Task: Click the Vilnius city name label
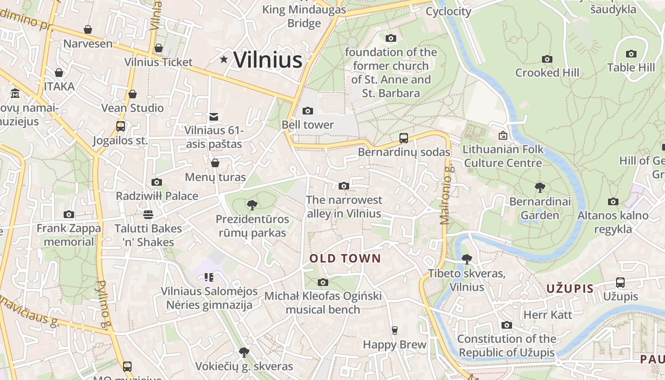tap(268, 60)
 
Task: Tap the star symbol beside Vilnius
tap(224, 59)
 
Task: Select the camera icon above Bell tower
tap(308, 111)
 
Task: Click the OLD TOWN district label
tap(345, 258)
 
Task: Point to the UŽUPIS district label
tap(570, 289)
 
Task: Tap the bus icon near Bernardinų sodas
tap(404, 138)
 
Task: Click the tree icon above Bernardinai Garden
tap(540, 188)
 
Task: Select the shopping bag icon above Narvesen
tap(88, 30)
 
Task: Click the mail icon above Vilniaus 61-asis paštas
tap(214, 116)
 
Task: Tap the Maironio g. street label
tap(445, 195)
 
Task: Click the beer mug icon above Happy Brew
tap(394, 330)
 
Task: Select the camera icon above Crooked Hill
tap(547, 59)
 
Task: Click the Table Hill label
tap(631, 67)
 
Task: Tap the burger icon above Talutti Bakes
tap(148, 215)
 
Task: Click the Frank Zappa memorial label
tap(69, 235)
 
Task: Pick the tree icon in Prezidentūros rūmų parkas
tap(252, 205)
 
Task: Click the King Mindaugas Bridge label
tap(298, 16)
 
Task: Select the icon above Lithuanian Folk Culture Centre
tap(503, 136)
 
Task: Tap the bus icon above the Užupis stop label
tap(620, 283)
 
